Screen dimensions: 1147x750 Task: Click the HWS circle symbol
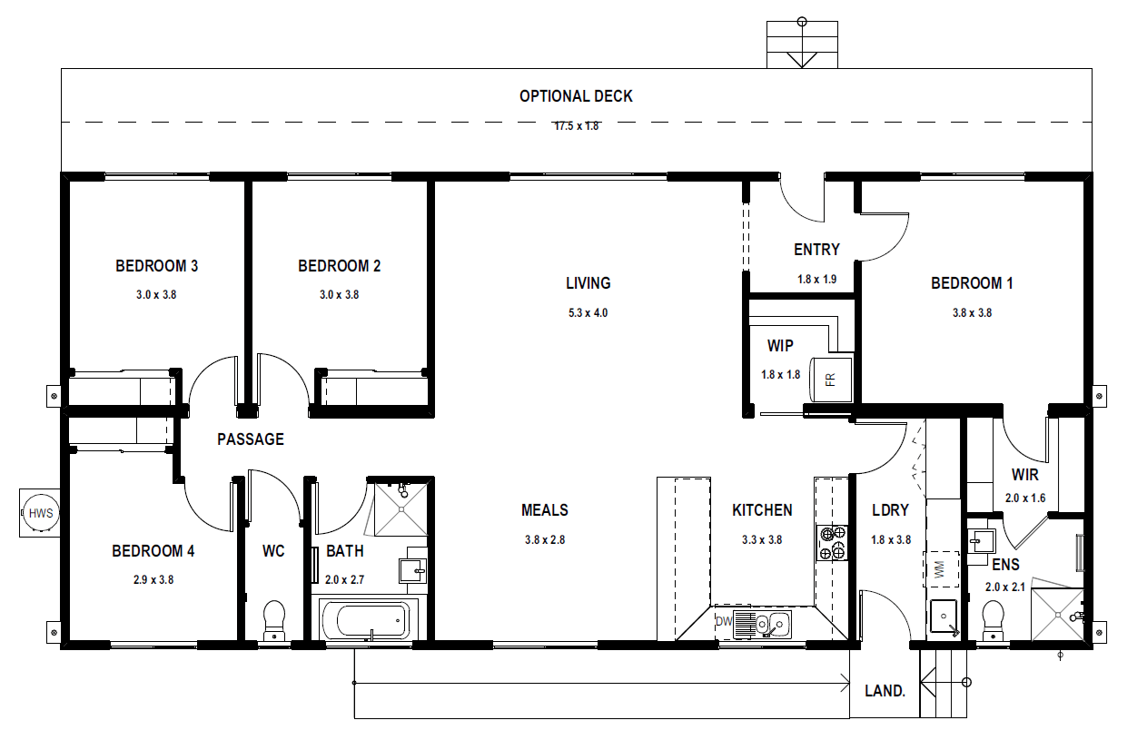pyautogui.click(x=41, y=513)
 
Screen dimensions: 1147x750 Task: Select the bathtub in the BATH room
pyautogui.click(x=370, y=620)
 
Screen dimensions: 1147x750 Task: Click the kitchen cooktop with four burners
pyautogui.click(x=832, y=543)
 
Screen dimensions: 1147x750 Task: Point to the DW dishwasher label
pyautogui.click(x=724, y=621)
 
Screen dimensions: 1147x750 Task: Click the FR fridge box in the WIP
pyautogui.click(x=831, y=380)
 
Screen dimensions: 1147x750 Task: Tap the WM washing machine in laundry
pyautogui.click(x=941, y=569)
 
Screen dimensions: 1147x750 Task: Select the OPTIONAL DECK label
pyautogui.click(x=576, y=96)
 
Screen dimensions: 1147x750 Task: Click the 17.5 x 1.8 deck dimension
pyautogui.click(x=577, y=126)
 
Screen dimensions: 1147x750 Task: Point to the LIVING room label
pyautogui.click(x=588, y=283)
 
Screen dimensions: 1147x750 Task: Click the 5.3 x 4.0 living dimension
pyautogui.click(x=588, y=312)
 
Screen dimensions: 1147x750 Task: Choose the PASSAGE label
pyautogui.click(x=251, y=439)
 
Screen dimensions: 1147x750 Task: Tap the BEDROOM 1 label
pyautogui.click(x=972, y=283)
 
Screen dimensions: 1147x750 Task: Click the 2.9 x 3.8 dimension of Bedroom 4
pyautogui.click(x=153, y=580)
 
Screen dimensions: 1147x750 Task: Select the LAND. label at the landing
pyautogui.click(x=885, y=691)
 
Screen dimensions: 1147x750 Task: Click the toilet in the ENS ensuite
pyautogui.click(x=994, y=620)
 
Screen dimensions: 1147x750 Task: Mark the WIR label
pyautogui.click(x=1025, y=475)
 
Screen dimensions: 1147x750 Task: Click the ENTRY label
pyautogui.click(x=816, y=250)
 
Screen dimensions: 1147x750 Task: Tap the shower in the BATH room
pyautogui.click(x=400, y=509)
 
